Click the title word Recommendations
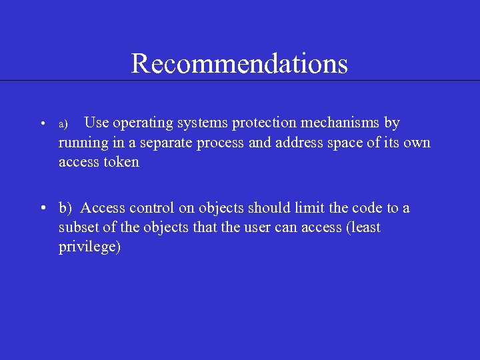(x=239, y=63)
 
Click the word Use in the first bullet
(x=97, y=123)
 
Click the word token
(x=122, y=162)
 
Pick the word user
(x=259, y=227)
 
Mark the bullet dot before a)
(x=41, y=124)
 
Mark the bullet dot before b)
(x=42, y=209)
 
